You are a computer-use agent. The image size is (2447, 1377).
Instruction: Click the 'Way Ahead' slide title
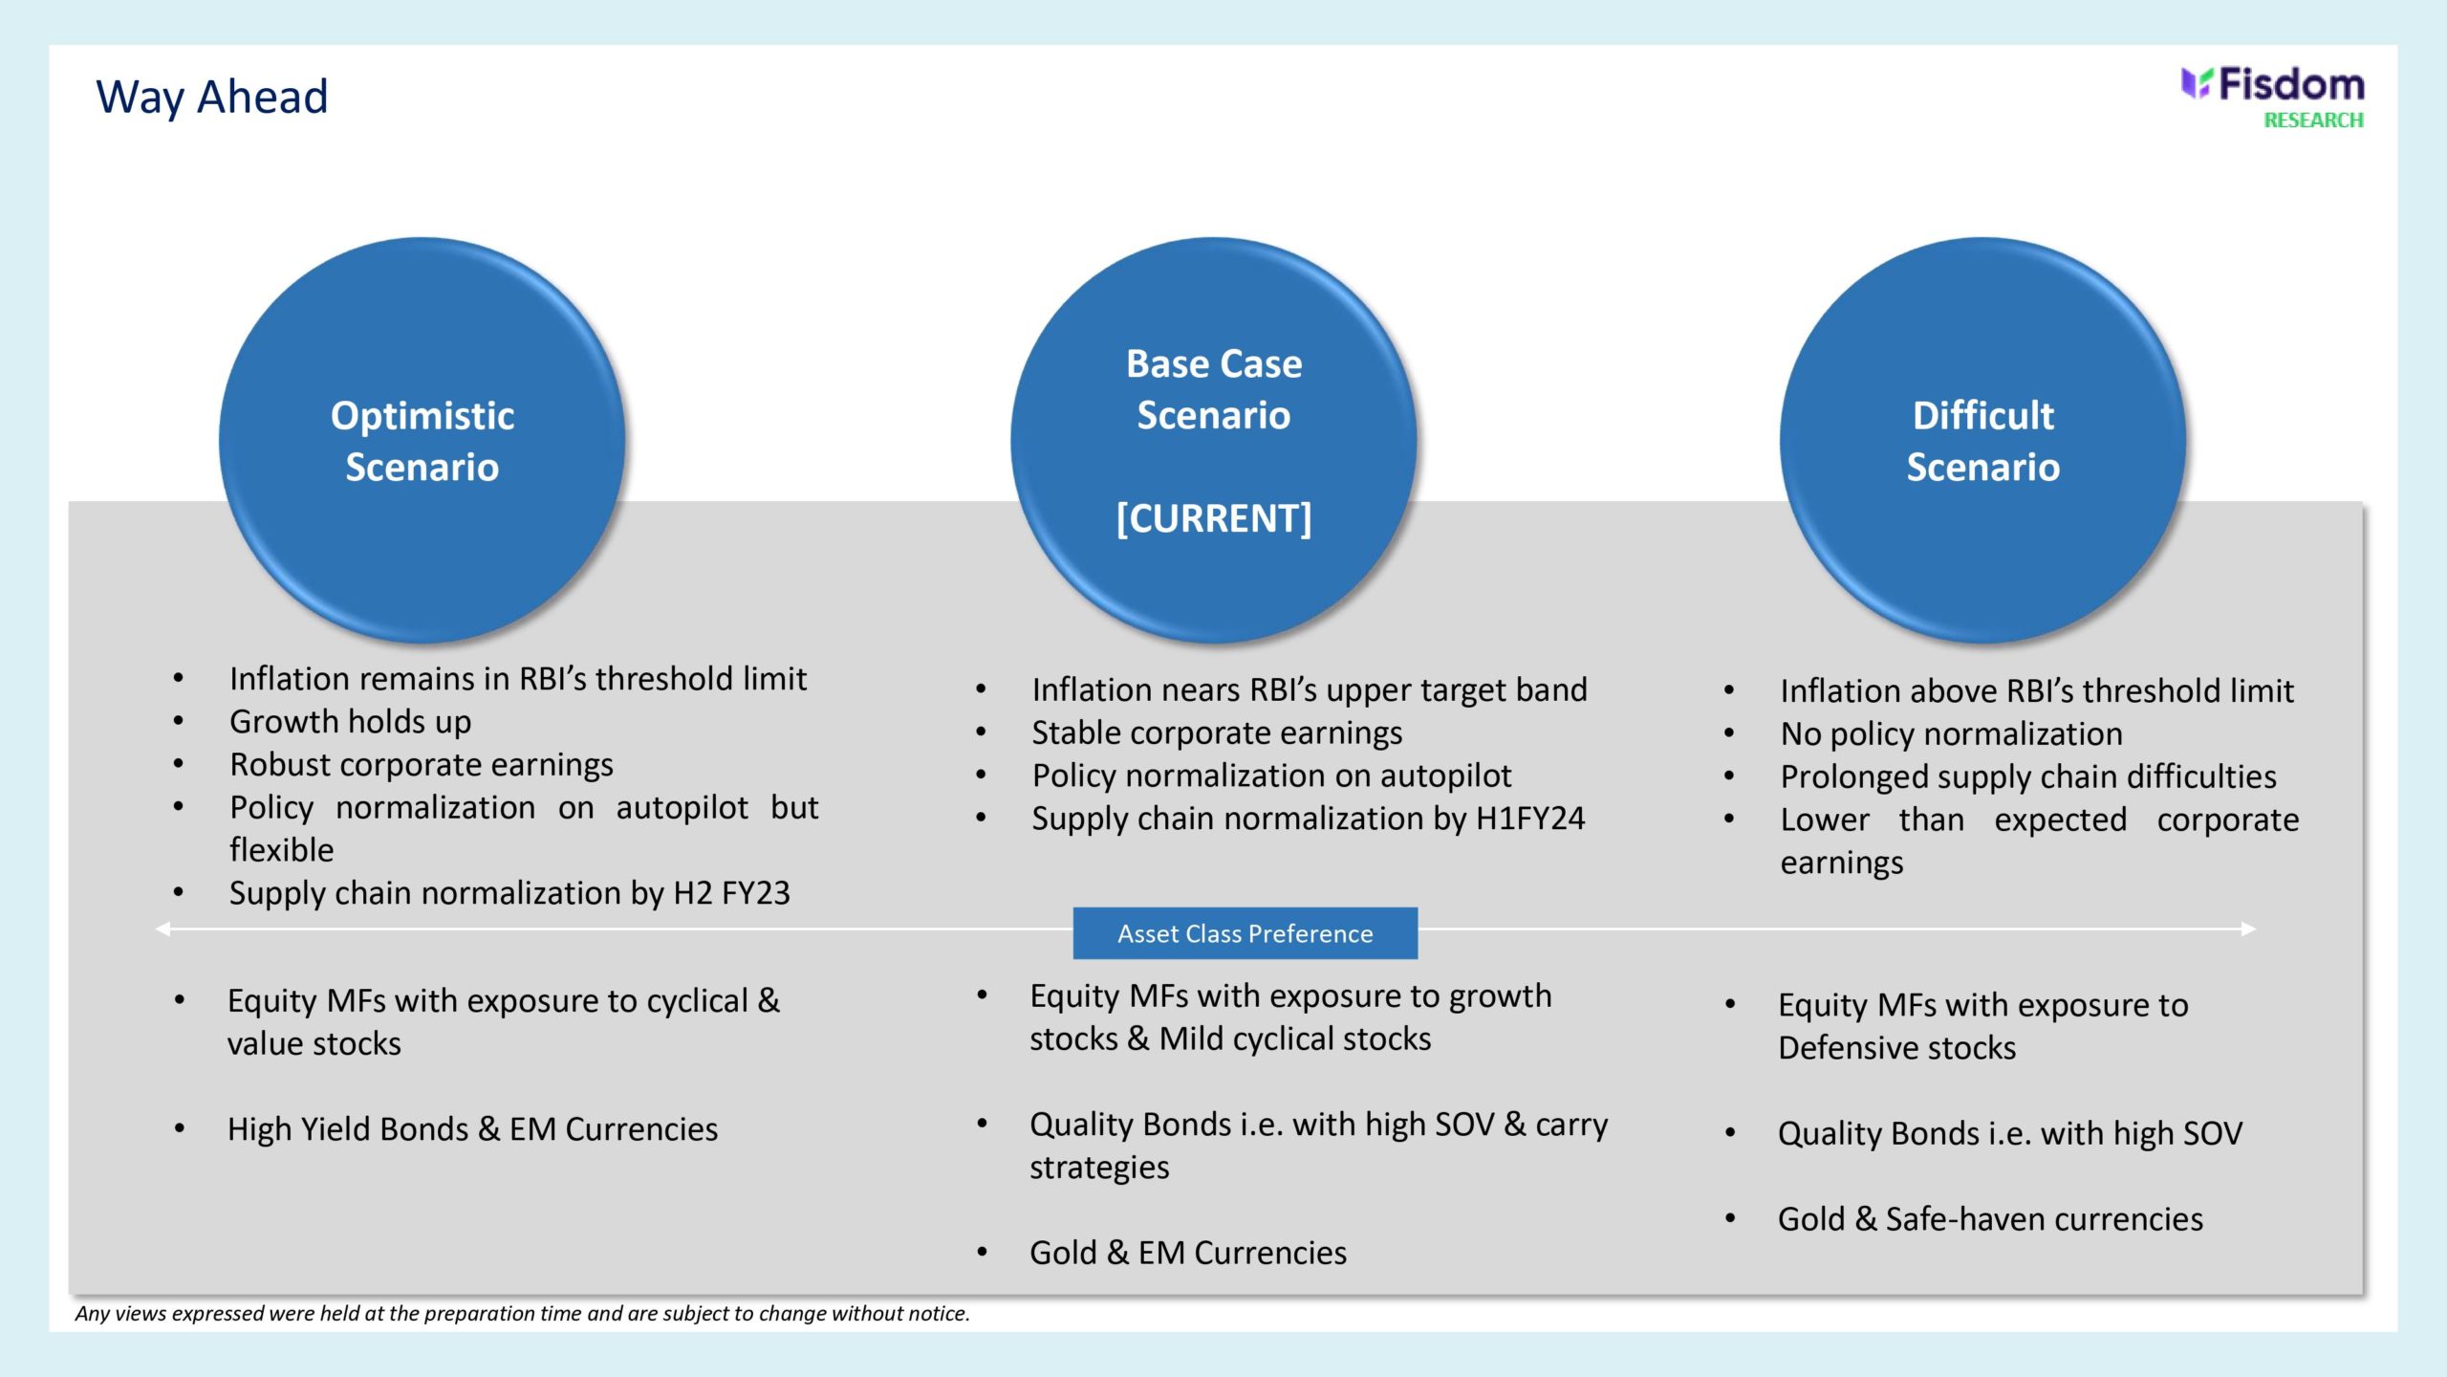(211, 97)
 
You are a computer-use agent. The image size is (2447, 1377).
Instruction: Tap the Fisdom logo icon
(2196, 83)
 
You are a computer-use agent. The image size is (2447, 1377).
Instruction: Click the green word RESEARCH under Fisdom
(2313, 120)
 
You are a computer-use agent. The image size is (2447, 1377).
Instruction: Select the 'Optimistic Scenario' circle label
(422, 441)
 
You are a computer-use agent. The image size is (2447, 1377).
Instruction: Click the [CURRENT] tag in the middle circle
(1214, 518)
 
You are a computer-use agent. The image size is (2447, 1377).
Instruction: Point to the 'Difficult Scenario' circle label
(1983, 441)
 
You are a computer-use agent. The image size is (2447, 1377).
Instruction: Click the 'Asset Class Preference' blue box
(1245, 933)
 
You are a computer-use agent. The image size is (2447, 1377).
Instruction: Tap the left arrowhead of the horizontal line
(162, 929)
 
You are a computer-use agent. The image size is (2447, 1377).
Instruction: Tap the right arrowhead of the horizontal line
(2249, 929)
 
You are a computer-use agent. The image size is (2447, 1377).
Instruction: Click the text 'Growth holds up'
(350, 722)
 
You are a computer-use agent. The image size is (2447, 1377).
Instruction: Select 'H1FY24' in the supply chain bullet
(1530, 819)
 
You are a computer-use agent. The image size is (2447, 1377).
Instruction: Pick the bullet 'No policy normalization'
(1951, 733)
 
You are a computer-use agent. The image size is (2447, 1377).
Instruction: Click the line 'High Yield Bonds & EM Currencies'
(472, 1129)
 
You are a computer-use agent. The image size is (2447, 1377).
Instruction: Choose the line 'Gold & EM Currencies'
(1188, 1253)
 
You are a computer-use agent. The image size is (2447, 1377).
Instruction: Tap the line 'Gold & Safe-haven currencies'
(1990, 1219)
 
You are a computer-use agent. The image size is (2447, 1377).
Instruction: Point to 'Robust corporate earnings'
(422, 765)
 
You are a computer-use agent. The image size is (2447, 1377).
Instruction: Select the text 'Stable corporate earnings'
(1217, 733)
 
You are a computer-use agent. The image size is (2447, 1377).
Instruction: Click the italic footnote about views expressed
(522, 1313)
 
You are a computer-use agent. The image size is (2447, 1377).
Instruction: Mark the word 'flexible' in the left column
(282, 850)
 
